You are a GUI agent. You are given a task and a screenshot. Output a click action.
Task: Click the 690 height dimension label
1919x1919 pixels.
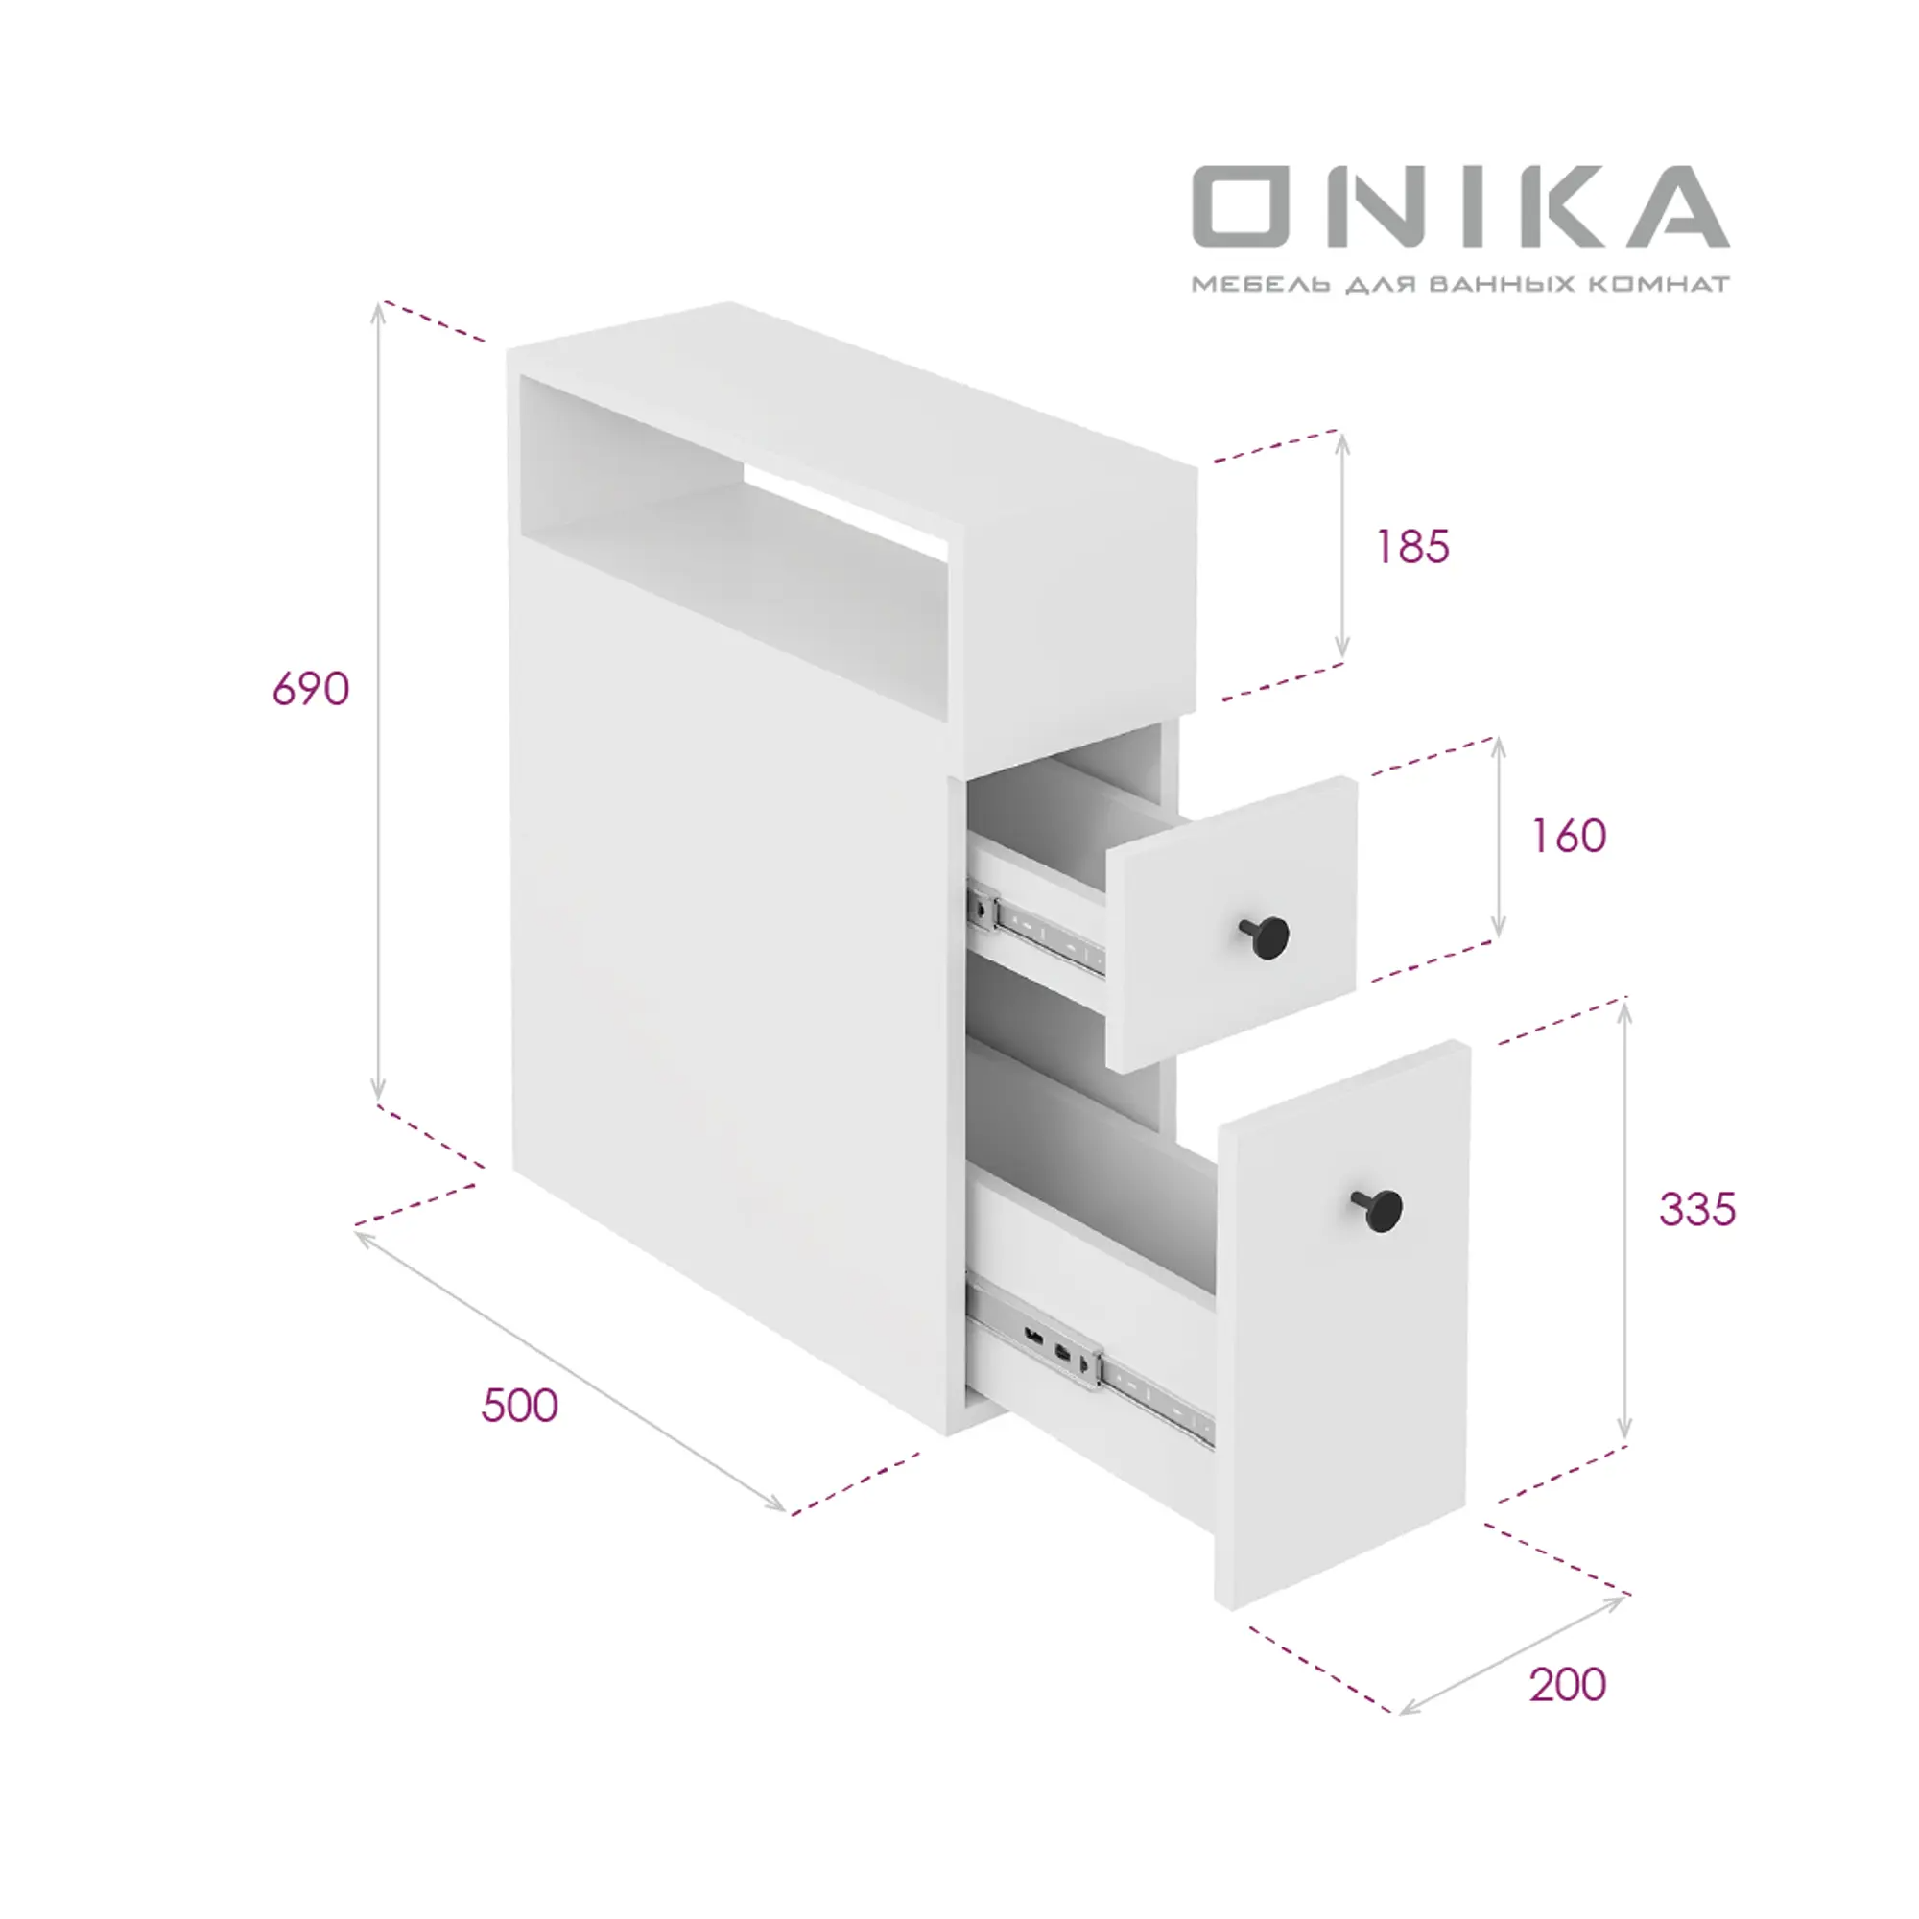pos(311,688)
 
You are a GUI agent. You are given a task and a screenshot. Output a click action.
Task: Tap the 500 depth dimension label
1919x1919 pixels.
pos(519,1406)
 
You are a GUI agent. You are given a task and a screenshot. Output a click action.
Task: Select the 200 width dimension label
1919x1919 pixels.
pos(1568,1685)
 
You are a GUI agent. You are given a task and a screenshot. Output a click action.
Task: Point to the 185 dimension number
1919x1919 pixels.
pos(1412,546)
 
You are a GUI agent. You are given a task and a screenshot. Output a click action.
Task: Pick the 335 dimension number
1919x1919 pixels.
pos(1697,1210)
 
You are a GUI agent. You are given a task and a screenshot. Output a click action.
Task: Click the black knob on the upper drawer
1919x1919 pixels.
pos(1266,936)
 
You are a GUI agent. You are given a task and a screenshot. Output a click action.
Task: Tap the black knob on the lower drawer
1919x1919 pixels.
pos(1378,1210)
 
